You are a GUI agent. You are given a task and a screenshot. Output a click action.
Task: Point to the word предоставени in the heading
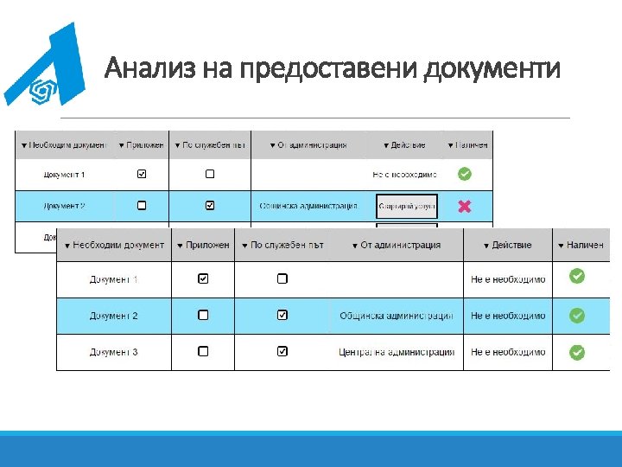click(x=331, y=67)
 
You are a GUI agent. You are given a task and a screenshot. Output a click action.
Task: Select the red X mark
click(x=464, y=206)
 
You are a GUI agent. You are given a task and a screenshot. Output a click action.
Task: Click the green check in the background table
click(x=464, y=174)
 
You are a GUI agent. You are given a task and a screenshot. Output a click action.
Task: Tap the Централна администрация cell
click(x=397, y=352)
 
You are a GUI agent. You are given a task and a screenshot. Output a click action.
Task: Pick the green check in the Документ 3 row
click(x=577, y=352)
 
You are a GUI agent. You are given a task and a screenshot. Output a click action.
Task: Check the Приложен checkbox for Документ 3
click(x=203, y=352)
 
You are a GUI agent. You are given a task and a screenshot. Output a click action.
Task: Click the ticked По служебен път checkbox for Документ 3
click(x=282, y=352)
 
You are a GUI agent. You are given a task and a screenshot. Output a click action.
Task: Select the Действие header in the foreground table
click(x=507, y=245)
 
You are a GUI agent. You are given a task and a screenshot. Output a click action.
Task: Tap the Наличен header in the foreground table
click(x=581, y=245)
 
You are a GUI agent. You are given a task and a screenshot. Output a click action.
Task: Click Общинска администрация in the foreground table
click(x=397, y=316)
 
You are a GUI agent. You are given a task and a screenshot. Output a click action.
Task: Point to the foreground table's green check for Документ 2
click(x=577, y=316)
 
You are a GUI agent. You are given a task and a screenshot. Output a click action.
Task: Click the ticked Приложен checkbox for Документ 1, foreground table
click(x=203, y=278)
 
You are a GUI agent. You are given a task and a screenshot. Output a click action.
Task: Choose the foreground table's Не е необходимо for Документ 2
click(x=508, y=316)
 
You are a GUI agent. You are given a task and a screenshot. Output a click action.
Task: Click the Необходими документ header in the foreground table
click(x=114, y=245)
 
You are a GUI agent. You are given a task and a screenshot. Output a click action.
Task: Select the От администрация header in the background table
click(x=308, y=144)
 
